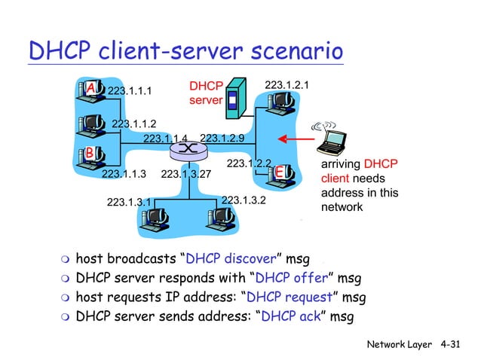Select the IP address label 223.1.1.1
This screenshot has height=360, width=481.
130,91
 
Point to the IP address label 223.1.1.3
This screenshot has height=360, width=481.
123,175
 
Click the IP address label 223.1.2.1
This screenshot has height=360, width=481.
287,86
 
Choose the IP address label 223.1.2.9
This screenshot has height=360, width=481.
222,138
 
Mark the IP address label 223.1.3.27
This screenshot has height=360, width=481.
185,175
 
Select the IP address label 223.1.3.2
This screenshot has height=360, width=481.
244,200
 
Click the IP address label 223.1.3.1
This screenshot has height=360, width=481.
129,202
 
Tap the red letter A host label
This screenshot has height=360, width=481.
90,89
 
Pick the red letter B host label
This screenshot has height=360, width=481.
89,153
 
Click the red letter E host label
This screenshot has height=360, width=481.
279,172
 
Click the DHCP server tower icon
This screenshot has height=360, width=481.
236,97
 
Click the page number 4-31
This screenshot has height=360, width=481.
452,344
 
